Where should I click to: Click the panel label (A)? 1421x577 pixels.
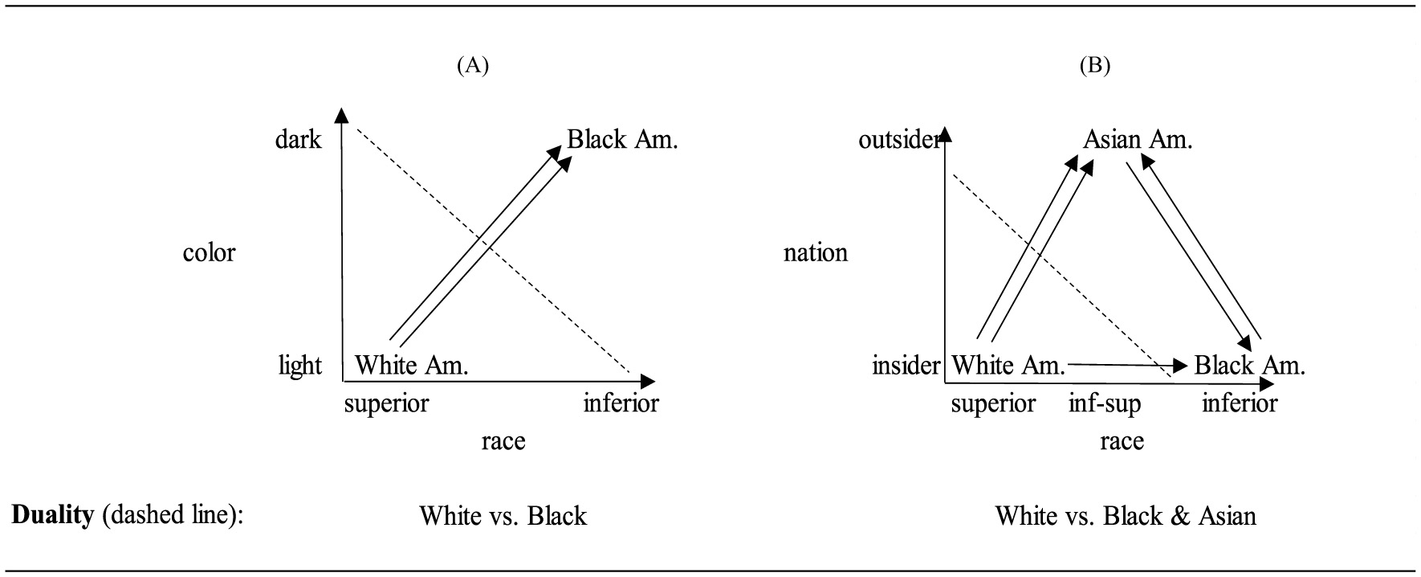click(472, 66)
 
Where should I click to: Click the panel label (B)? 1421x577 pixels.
click(1095, 66)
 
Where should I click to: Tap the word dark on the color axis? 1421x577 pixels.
click(298, 140)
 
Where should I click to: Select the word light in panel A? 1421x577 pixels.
click(299, 366)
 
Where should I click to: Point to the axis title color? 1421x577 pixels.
click(209, 252)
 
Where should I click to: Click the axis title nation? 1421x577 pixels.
click(815, 252)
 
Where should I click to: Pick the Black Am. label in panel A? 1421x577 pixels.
click(622, 140)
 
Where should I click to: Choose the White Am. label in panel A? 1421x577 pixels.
click(411, 366)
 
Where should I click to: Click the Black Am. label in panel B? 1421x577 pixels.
click(1249, 366)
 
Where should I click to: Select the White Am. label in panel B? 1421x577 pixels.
click(1008, 366)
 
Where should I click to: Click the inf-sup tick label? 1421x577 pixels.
click(1104, 403)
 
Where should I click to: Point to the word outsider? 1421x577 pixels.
click(898, 140)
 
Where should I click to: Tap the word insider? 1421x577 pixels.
click(905, 366)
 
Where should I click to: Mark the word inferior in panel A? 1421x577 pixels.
click(621, 403)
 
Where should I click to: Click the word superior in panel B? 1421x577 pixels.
click(992, 403)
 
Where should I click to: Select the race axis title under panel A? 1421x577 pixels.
click(503, 440)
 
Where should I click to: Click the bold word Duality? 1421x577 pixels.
click(52, 514)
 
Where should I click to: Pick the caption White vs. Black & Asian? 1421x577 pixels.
click(1125, 515)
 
